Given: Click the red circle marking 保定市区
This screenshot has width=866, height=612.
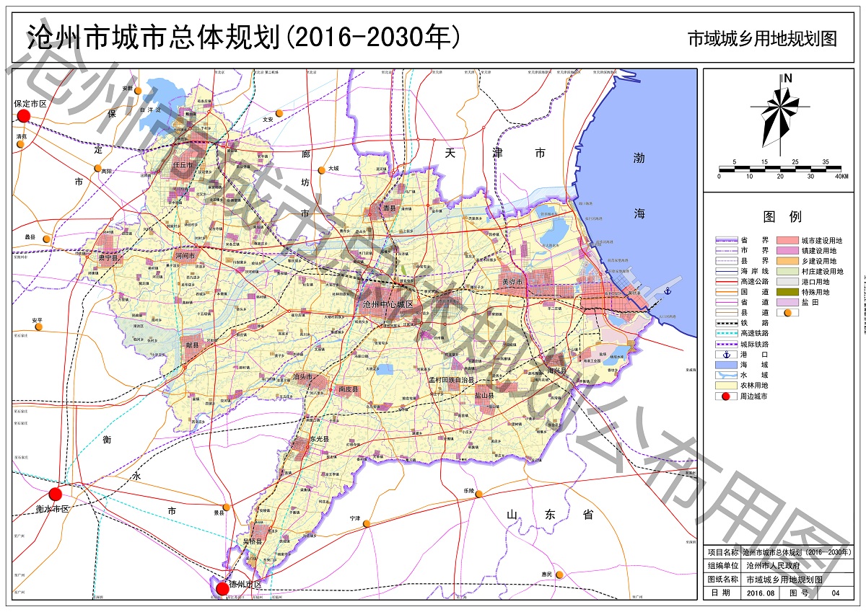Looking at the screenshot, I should (24, 116).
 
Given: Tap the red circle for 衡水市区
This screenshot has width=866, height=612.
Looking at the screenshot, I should (56, 494).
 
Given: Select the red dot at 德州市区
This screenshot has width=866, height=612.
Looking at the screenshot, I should (223, 589).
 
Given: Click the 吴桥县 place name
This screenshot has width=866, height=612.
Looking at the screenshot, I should (253, 541).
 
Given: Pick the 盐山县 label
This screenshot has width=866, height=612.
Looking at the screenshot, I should (485, 395).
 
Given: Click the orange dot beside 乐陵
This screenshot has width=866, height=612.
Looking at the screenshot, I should (478, 494).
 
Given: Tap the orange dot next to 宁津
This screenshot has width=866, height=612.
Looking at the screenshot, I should (367, 523).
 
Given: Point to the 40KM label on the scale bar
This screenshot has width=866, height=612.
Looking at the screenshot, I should (840, 177).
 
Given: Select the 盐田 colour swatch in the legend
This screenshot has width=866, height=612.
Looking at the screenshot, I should (788, 303).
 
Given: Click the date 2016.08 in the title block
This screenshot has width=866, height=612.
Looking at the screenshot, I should (761, 593).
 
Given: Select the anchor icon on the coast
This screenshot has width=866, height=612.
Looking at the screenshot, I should (668, 291).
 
